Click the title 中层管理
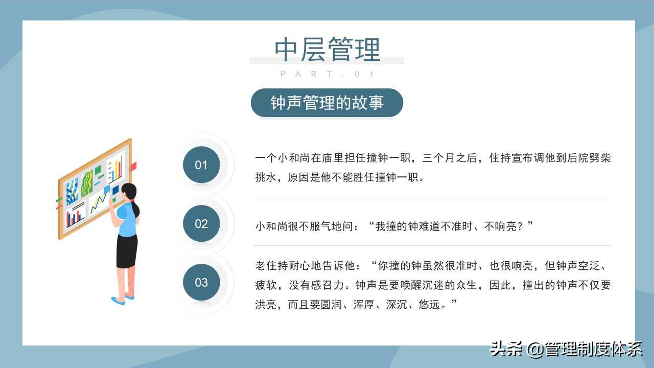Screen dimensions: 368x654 click(327, 50)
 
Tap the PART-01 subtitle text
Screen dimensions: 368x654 click(327, 75)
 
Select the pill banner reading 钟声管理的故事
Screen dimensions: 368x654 click(327, 103)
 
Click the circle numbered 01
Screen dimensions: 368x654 click(201, 165)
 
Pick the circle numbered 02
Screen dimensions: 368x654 click(201, 223)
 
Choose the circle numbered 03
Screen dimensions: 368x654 click(201, 282)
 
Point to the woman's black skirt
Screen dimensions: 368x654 click(126, 251)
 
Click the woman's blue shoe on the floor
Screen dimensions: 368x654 click(118, 301)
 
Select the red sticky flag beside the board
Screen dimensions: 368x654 click(133, 167)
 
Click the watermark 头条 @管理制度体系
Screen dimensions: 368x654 click(566, 349)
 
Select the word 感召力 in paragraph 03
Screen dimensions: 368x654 click(332, 285)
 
